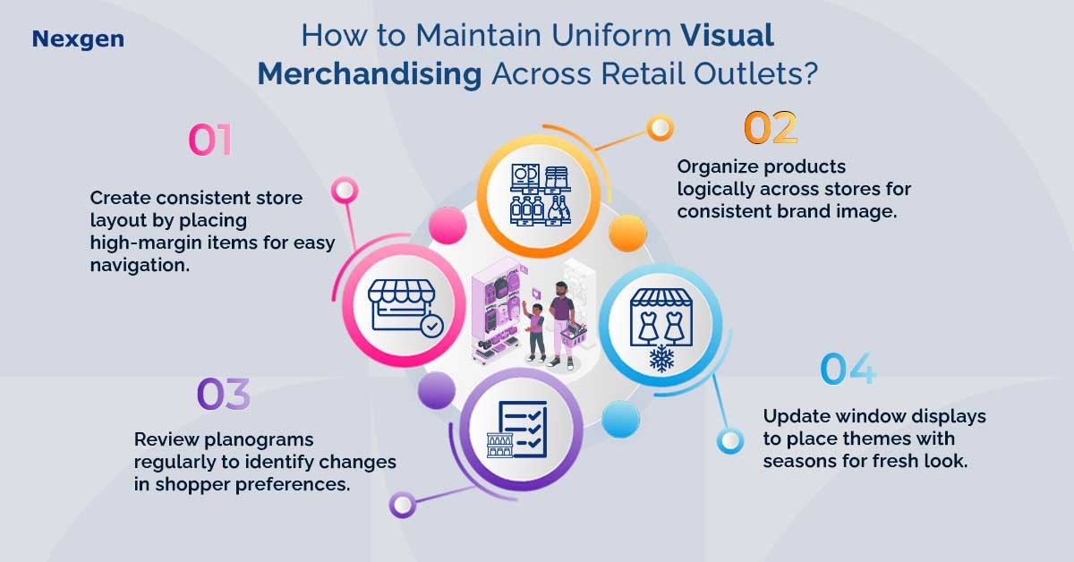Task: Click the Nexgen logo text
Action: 78,39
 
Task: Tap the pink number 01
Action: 210,140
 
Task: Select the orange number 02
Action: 771,128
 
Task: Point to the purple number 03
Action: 224,394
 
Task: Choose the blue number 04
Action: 848,369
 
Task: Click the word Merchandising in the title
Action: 369,74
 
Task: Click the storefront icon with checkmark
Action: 405,308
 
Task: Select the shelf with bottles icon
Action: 540,195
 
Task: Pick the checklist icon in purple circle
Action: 517,430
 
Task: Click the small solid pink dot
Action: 447,226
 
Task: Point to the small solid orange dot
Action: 627,233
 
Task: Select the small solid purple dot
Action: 437,390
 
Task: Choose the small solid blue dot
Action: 620,420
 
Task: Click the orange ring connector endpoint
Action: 661,128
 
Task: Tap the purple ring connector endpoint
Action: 402,505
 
